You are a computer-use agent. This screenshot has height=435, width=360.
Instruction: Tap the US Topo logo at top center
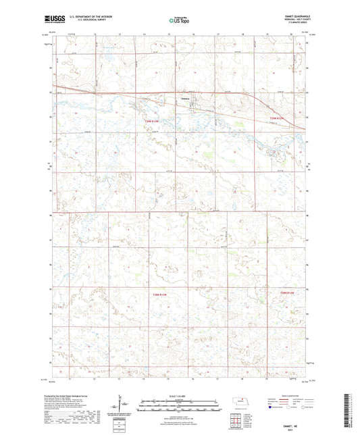178,22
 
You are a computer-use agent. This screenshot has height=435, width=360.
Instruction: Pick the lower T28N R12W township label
288,293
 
